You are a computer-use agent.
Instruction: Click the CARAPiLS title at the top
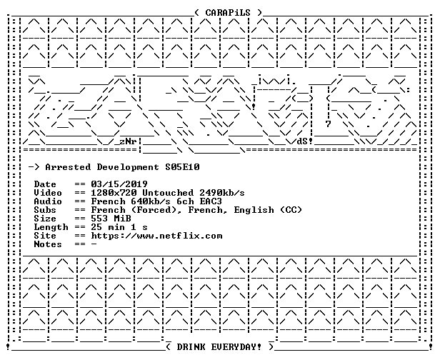228,13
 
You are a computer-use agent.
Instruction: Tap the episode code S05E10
182,167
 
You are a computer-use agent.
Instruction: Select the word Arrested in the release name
68,167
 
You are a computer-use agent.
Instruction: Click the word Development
128,168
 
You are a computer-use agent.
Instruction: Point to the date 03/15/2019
119,184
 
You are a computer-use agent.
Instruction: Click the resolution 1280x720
114,193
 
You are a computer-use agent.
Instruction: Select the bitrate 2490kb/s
222,193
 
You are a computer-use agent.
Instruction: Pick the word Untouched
168,193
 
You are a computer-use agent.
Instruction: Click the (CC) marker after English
291,210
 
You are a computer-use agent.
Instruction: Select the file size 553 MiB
111,219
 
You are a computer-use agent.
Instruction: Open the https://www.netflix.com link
156,236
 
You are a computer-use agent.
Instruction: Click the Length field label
51,227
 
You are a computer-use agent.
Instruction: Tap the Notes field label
48,244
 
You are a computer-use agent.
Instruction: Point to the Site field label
45,236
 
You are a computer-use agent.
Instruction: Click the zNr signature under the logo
128,141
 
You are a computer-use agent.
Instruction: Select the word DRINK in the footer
191,347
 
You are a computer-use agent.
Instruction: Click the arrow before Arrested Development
34,167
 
